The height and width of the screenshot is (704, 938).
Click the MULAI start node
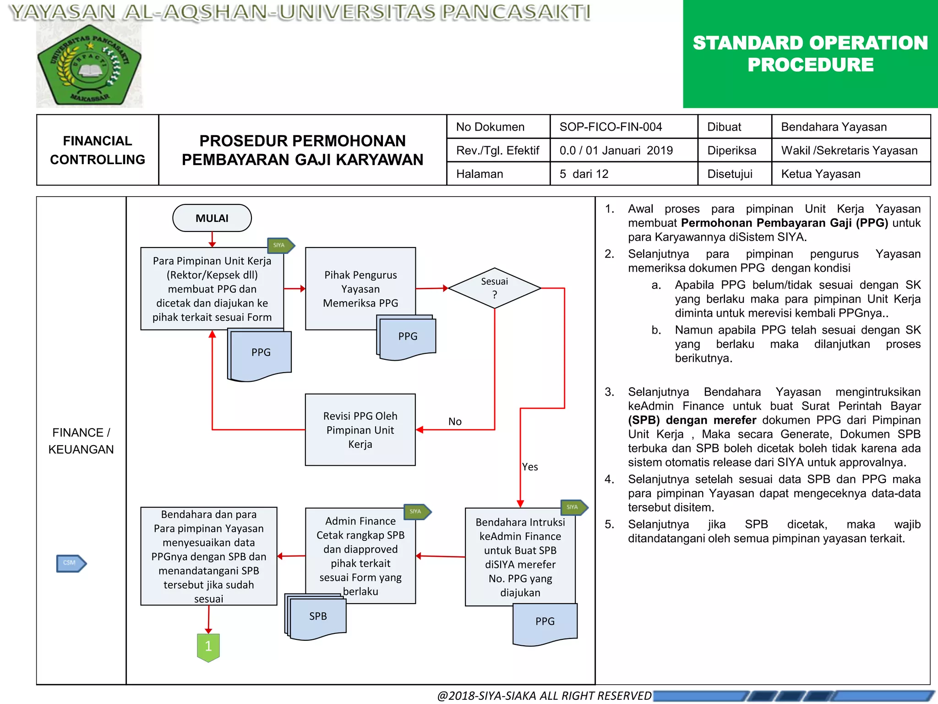point(212,218)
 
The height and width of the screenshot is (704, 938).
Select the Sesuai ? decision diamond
point(494,288)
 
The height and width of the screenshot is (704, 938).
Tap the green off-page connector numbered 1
point(208,647)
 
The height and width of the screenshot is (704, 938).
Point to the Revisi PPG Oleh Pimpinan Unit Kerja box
point(360,429)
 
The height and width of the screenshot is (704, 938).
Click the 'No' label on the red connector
point(455,421)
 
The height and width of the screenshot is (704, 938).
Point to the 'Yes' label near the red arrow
point(530,467)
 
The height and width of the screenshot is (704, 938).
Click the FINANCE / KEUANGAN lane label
point(81,441)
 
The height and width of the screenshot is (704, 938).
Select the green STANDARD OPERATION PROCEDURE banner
point(810,54)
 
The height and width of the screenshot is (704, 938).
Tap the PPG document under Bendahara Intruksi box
point(545,622)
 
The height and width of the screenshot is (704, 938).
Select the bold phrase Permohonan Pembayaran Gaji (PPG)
point(784,223)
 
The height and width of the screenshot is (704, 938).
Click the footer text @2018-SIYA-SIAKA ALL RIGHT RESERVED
point(544,696)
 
